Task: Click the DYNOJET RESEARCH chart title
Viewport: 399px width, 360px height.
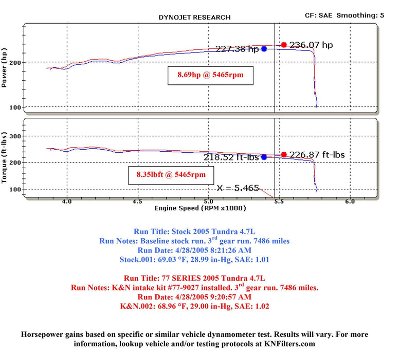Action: (x=194, y=17)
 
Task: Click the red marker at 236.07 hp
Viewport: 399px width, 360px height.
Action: (x=284, y=45)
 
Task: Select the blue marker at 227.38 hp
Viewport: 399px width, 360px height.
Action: (x=264, y=49)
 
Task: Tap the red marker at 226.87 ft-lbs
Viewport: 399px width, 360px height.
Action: (x=284, y=155)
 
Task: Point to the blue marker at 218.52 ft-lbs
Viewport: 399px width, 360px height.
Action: (x=264, y=157)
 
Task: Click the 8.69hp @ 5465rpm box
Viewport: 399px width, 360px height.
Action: (x=210, y=75)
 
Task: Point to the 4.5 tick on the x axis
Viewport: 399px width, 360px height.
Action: (x=137, y=202)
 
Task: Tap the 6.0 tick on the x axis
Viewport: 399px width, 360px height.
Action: (x=350, y=202)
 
